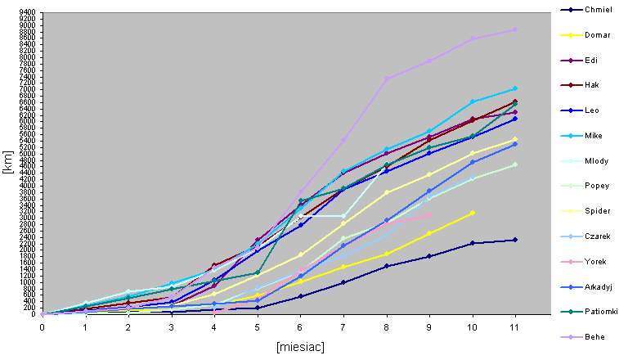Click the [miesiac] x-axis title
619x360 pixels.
pos(300,347)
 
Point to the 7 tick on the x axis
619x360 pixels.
pos(343,326)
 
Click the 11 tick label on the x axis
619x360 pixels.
pos(515,326)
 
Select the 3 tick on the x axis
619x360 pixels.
pos(171,326)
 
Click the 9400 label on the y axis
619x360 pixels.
pos(26,13)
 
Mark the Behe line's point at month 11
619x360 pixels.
pos(515,29)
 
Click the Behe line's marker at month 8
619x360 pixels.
pos(386,79)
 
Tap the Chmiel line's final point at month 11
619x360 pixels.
pos(515,240)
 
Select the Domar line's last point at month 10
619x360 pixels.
pos(472,213)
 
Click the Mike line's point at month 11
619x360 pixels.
pos(515,88)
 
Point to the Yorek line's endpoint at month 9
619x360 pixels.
pos(429,214)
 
